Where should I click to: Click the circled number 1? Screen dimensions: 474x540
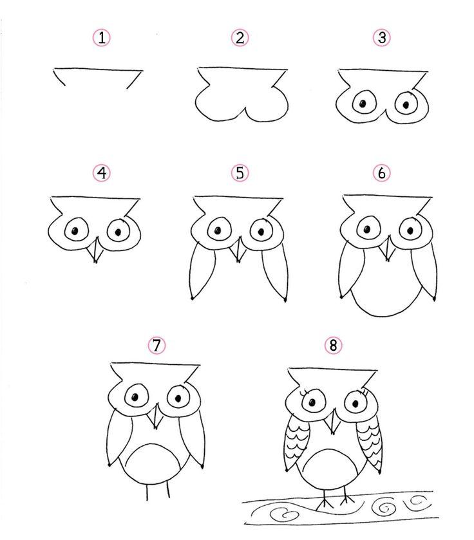coord(102,37)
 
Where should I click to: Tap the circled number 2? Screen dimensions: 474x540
coord(240,37)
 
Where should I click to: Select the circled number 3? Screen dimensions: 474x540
coord(382,37)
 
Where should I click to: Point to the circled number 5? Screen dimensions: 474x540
coord(240,173)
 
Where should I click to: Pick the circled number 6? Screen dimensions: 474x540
coord(382,173)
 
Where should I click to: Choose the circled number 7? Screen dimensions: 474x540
coord(156,345)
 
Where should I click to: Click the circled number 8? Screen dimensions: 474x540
coord(333,345)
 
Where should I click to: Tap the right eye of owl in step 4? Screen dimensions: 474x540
coord(118,230)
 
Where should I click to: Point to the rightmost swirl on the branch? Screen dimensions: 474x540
coord(417,501)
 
